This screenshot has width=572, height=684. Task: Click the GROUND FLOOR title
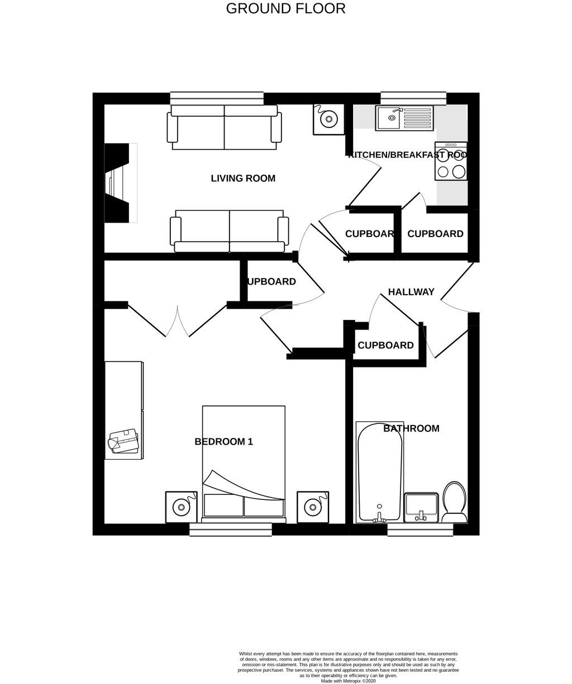pyautogui.click(x=285, y=9)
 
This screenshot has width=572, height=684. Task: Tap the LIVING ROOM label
pyautogui.click(x=243, y=178)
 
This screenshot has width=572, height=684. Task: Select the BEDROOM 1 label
pyautogui.click(x=223, y=442)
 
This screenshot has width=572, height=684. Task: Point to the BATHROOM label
pyautogui.click(x=411, y=428)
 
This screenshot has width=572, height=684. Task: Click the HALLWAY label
pyautogui.click(x=411, y=292)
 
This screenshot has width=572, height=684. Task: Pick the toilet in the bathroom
pyautogui.click(x=455, y=501)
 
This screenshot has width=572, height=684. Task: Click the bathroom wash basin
pyautogui.click(x=421, y=506)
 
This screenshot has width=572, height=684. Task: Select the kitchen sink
pyautogui.click(x=404, y=118)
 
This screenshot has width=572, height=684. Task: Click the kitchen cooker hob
pyautogui.click(x=451, y=161)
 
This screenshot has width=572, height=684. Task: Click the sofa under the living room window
pyautogui.click(x=224, y=127)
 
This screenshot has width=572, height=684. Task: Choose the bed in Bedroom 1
pyautogui.click(x=244, y=464)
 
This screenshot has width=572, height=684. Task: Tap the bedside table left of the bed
pyautogui.click(x=181, y=507)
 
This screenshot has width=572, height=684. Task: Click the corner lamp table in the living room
pyautogui.click(x=328, y=119)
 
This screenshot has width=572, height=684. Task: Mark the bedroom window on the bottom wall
pyautogui.click(x=230, y=530)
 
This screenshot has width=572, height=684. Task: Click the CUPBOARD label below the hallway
pyautogui.click(x=385, y=345)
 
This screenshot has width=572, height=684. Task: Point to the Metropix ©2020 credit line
pyautogui.click(x=348, y=681)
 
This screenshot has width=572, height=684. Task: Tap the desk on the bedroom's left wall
pyautogui.click(x=124, y=410)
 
